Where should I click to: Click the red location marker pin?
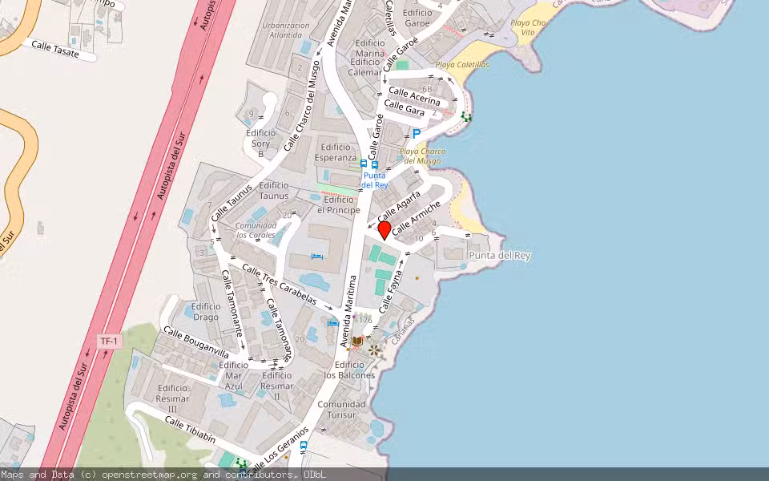click(x=384, y=230)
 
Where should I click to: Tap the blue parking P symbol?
click(x=416, y=134)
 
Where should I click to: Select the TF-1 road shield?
click(x=110, y=342)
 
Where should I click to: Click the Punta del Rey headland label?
click(x=500, y=255)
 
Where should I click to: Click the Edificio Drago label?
click(x=206, y=312)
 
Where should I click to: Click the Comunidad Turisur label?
click(x=341, y=410)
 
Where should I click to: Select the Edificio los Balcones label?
click(x=349, y=370)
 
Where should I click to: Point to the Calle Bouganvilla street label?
click(x=196, y=342)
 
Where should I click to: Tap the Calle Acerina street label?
click(x=414, y=96)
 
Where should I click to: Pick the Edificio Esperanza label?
click(x=336, y=152)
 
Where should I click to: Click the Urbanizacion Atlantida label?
click(x=286, y=30)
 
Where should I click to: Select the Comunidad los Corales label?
click(x=255, y=230)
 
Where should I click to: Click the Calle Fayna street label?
click(x=390, y=291)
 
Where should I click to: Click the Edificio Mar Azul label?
click(x=232, y=375)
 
